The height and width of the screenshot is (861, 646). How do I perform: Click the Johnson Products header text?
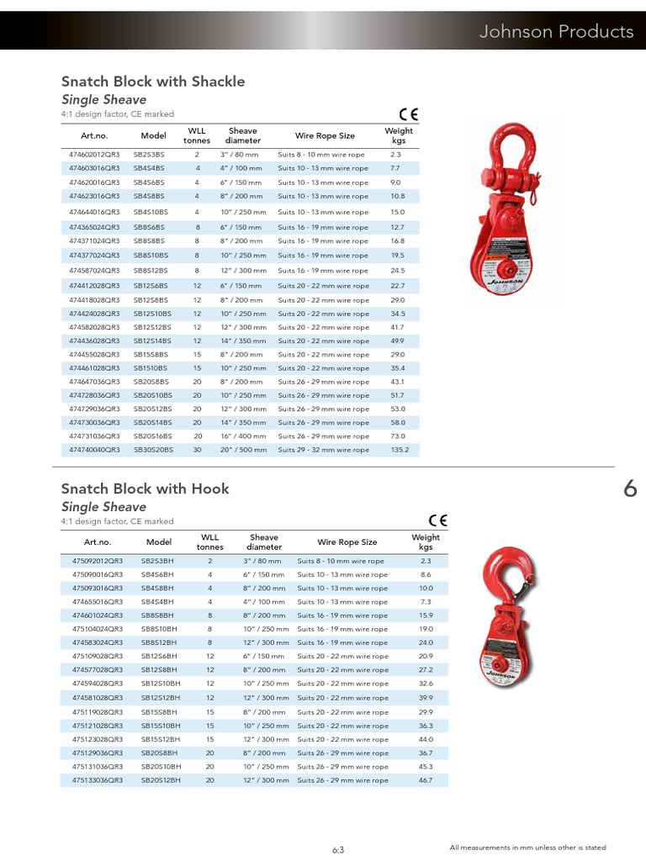click(556, 32)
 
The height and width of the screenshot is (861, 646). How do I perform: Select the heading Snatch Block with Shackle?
click(152, 82)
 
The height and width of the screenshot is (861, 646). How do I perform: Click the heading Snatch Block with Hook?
click(145, 489)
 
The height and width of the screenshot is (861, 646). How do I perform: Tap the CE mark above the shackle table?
click(409, 115)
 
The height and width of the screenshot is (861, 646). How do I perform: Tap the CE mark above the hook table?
click(437, 520)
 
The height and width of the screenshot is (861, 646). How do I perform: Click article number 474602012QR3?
click(94, 155)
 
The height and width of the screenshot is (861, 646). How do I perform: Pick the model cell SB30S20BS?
click(153, 450)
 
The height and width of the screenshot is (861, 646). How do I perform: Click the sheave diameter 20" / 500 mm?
click(243, 450)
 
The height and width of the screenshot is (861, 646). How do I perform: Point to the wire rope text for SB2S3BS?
click(322, 155)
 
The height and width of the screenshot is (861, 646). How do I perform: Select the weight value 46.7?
click(425, 780)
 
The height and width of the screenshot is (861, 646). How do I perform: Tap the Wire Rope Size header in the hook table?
click(347, 542)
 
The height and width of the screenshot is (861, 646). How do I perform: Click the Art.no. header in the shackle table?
click(94, 135)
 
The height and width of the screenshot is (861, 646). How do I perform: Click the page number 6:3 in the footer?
click(338, 849)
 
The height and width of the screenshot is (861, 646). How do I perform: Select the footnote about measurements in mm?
click(527, 848)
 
